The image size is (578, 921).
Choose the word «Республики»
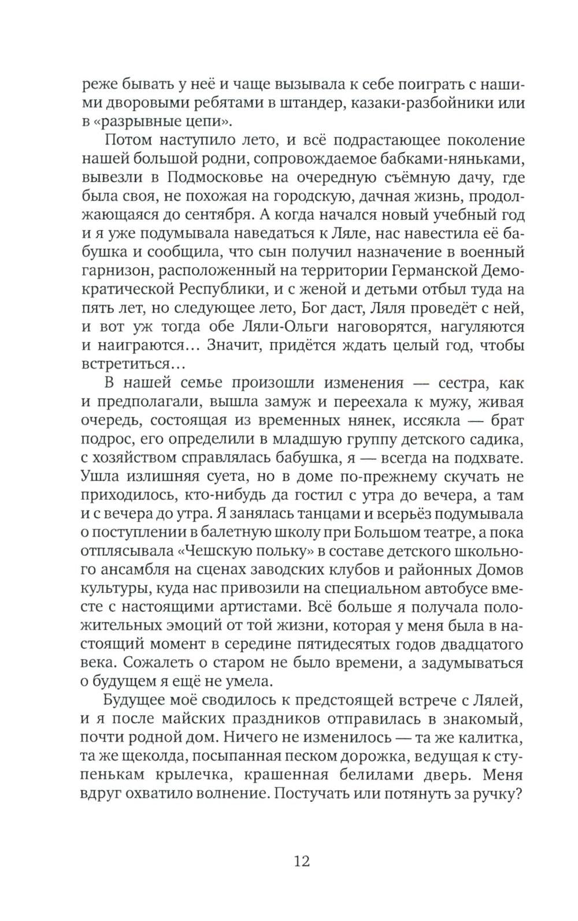[215, 289]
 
